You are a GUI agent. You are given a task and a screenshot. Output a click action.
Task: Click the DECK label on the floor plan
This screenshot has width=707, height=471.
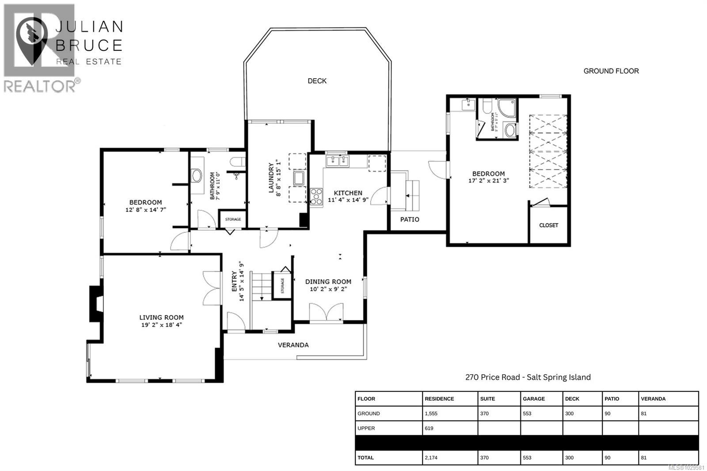coord(317,81)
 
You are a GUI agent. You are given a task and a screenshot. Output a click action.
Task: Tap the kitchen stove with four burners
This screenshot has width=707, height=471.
coord(316,196)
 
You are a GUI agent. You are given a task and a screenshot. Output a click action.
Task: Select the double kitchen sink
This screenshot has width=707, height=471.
coord(337,160)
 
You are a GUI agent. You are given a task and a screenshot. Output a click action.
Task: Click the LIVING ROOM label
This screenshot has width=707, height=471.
coord(161,317)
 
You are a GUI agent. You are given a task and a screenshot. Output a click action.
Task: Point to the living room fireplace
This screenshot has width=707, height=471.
coord(96,304)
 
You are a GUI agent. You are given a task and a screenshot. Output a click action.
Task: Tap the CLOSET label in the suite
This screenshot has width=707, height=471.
coord(548,225)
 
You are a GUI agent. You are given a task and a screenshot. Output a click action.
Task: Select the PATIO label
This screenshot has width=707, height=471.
coord(410,220)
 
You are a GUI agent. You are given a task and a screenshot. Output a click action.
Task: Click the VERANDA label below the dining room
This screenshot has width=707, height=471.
coord(293,345)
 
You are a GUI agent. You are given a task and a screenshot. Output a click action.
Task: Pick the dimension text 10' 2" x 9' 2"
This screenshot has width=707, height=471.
coord(328,289)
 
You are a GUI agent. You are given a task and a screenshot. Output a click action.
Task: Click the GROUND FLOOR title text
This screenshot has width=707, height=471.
coord(611,71)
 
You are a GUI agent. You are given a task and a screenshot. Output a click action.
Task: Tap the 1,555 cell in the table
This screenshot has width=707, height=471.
coord(431,414)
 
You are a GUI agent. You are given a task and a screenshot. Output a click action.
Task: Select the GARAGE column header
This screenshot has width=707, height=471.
coord(533,399)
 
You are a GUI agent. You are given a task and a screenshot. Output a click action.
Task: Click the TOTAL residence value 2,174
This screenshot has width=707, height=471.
coord(431,458)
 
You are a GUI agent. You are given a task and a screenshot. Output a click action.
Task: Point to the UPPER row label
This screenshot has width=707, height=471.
coord(366,428)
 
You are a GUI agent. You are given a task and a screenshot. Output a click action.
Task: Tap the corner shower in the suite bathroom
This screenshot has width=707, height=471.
coord(506,108)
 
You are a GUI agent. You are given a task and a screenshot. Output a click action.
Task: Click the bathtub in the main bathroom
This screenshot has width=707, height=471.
coord(197,175)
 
